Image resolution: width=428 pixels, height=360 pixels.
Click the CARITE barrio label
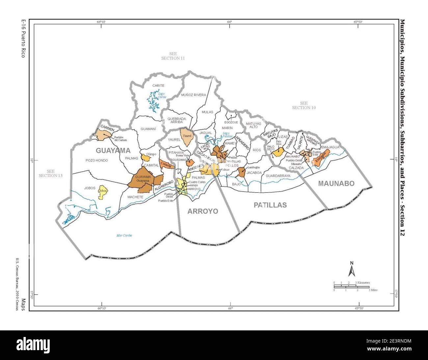coord(158,86)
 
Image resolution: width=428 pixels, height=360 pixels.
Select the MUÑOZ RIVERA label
coord(193,95)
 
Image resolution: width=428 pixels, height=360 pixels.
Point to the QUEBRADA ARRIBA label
coord(177,120)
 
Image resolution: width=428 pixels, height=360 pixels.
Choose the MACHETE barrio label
coord(136,197)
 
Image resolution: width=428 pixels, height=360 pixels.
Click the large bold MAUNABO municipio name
coord(336,184)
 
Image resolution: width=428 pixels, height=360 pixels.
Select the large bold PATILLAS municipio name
coord(270,205)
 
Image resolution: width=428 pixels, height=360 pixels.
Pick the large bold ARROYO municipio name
coord(202,211)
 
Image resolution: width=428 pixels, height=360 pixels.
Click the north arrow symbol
coord(351,269)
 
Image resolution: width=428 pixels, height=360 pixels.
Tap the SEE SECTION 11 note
coord(173,56)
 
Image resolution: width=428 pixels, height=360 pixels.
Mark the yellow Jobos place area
coord(103,193)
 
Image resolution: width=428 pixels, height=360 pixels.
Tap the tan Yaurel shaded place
coord(187,138)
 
